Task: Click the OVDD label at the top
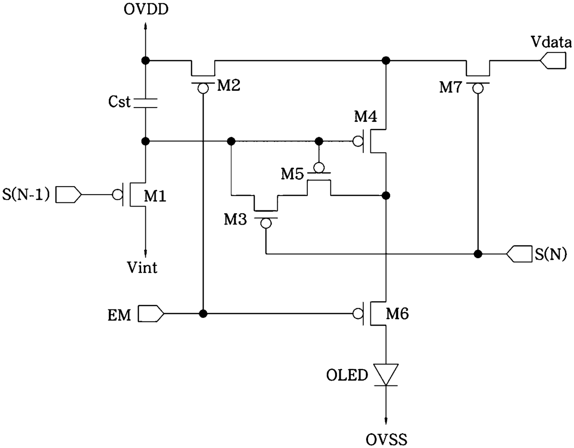[x=146, y=10]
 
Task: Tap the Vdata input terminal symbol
[x=553, y=61]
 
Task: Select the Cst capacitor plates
[x=145, y=103]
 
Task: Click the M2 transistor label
[x=229, y=86]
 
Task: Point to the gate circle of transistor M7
[x=478, y=88]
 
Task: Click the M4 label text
[x=366, y=116]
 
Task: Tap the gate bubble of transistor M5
[x=319, y=168]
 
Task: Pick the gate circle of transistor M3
[x=266, y=223]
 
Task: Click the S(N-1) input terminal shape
[x=69, y=195]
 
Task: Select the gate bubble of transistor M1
[x=118, y=195]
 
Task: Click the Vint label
[x=142, y=267]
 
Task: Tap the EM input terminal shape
[x=151, y=314]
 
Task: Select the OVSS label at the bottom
[x=386, y=439]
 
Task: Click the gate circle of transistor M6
[x=358, y=314]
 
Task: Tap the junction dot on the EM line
[x=203, y=314]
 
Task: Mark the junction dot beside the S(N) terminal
[x=478, y=254]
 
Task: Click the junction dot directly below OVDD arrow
[x=145, y=61]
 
